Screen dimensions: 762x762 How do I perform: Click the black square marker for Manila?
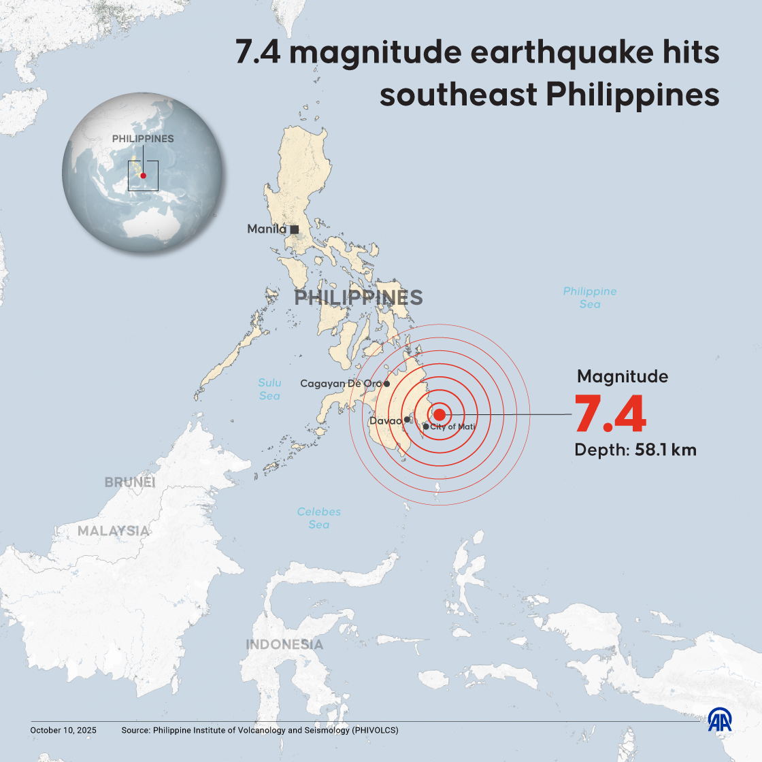(295, 229)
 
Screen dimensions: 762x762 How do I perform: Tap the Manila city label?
(266, 229)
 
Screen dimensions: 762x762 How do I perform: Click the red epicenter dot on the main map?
(440, 414)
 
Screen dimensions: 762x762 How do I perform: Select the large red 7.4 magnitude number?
(610, 414)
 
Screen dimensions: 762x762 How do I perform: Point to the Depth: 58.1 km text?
(635, 450)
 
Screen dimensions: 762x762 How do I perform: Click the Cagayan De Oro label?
(340, 384)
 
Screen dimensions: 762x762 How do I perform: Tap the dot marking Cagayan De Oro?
(386, 384)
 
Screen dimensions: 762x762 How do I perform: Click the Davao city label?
(385, 421)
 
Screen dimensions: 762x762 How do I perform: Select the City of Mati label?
(452, 427)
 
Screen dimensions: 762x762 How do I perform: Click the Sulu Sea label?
(269, 389)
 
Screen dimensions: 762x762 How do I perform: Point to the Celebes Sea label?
(319, 518)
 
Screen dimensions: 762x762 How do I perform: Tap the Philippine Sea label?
(590, 297)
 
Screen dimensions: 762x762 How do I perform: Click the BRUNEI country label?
(130, 482)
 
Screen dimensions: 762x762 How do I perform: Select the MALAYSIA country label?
(114, 531)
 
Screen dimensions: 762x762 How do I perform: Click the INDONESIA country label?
(284, 644)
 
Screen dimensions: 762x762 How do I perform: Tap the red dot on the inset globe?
(144, 176)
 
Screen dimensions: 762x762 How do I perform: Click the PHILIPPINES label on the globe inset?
(143, 139)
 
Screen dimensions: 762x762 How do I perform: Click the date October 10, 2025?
(63, 730)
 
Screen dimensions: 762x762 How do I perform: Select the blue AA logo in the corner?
(720, 721)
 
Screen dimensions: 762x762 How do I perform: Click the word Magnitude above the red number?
(623, 376)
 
